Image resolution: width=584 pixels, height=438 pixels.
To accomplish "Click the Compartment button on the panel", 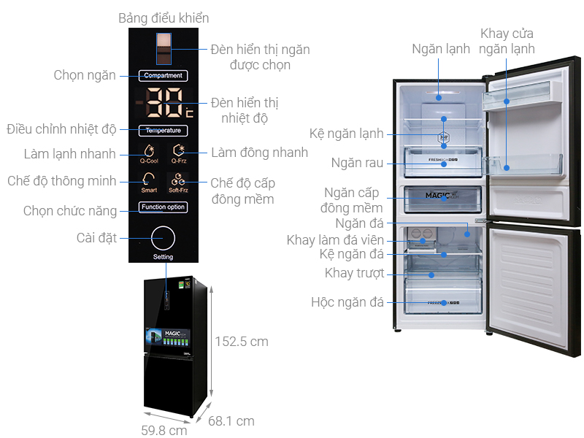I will tap(164, 75).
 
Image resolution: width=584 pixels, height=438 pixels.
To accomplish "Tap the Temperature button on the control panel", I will tap(164, 131).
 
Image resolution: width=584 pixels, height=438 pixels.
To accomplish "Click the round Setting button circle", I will tap(164, 239).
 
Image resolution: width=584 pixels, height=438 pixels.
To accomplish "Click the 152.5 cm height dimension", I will tap(241, 342).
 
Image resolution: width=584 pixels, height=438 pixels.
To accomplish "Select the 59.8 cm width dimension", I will tap(164, 430).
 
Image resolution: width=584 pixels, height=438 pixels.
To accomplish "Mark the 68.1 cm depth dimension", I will tap(231, 420).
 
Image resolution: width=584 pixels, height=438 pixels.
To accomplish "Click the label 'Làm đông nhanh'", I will tap(259, 153).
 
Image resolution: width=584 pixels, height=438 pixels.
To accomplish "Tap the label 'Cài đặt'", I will tap(97, 237).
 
